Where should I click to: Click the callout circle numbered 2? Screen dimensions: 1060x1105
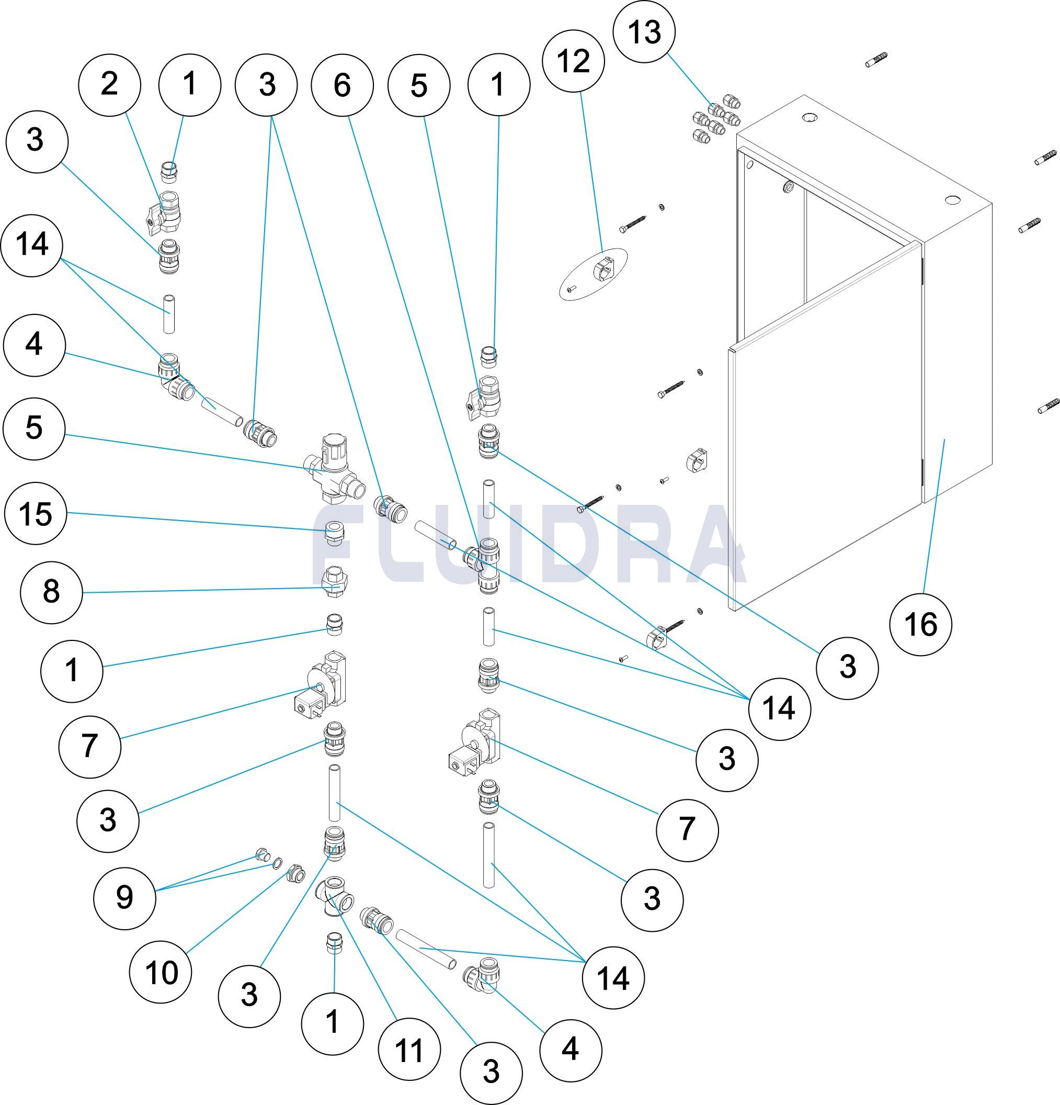click(109, 85)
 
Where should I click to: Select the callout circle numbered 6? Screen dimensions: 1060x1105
click(342, 86)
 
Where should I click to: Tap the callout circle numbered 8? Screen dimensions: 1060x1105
click(51, 592)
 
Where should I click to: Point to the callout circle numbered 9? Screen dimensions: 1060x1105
click(124, 897)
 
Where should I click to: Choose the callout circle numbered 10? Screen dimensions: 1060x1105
click(161, 973)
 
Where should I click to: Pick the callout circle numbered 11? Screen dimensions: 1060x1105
click(408, 1050)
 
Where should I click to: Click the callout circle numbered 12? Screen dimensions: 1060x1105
click(574, 61)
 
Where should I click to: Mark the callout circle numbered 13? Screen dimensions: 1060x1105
click(645, 32)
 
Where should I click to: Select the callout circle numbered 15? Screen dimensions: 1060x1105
click(36, 514)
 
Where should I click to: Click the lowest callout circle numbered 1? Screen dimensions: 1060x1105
click(333, 1022)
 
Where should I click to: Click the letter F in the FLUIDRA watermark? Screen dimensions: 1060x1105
click(341, 544)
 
